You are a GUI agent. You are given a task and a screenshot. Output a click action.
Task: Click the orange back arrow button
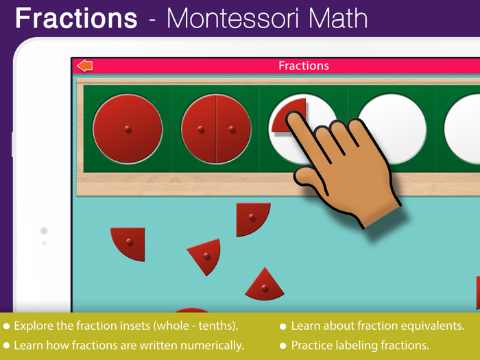(x=85, y=66)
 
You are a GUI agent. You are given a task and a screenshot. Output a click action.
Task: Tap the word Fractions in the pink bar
(x=303, y=66)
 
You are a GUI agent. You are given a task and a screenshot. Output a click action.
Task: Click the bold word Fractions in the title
(x=76, y=18)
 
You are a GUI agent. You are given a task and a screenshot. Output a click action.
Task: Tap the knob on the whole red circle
(x=128, y=130)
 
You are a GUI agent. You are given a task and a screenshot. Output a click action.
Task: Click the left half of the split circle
(x=200, y=130)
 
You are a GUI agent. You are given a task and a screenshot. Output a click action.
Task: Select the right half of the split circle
(x=233, y=130)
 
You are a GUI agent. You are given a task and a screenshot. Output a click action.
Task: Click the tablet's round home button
(x=44, y=231)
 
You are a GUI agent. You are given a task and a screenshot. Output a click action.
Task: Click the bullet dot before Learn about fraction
(x=283, y=326)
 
